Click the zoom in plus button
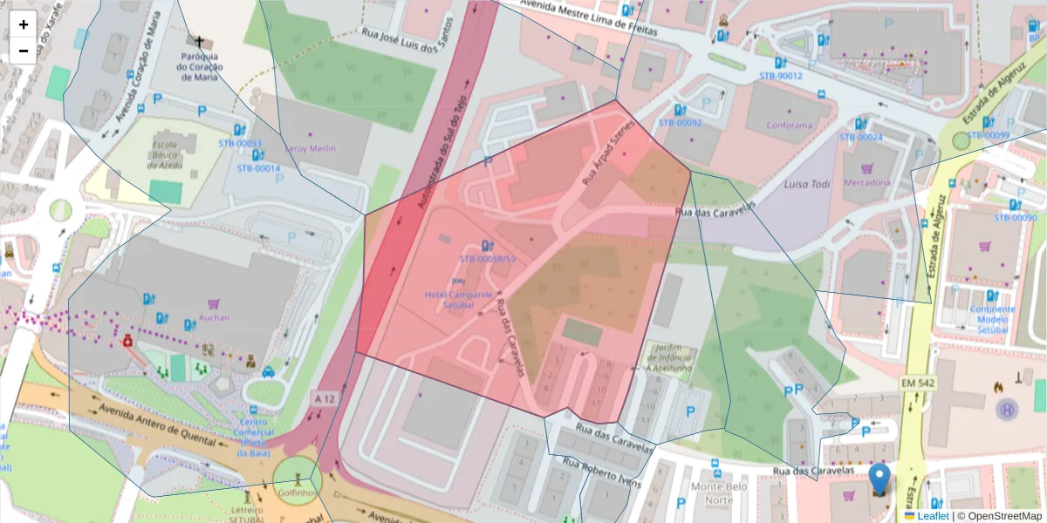(23, 24)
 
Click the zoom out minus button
(23, 51)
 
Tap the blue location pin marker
(880, 480)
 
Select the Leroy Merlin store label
(309, 148)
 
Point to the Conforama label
(788, 125)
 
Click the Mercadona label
(867, 183)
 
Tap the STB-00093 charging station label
(239, 143)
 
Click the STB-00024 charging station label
(861, 138)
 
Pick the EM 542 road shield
(918, 384)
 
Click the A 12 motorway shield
(324, 398)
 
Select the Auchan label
(214, 317)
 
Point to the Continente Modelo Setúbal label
(992, 320)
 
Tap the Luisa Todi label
(805, 185)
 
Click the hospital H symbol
(1006, 408)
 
